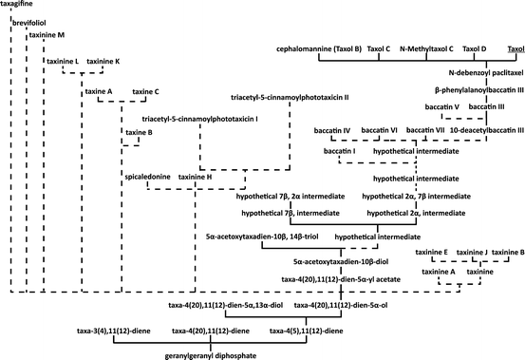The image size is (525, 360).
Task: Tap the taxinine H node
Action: pyautogui.click(x=196, y=177)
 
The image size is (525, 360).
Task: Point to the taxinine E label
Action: pyautogui.click(x=433, y=252)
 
